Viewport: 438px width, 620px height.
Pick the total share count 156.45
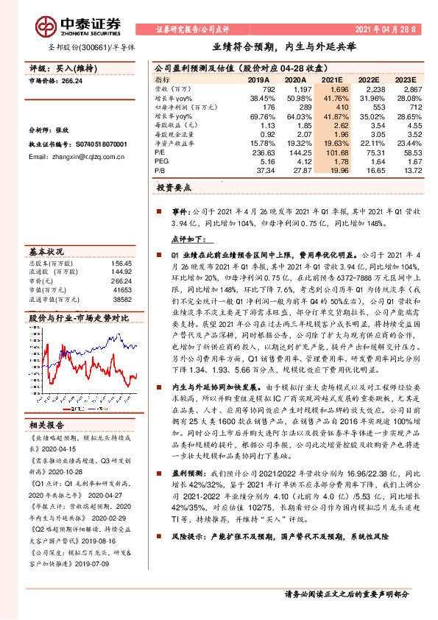click(x=120, y=263)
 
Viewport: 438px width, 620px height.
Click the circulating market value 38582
click(x=120, y=300)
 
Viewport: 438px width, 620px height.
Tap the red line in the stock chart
click(x=110, y=372)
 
